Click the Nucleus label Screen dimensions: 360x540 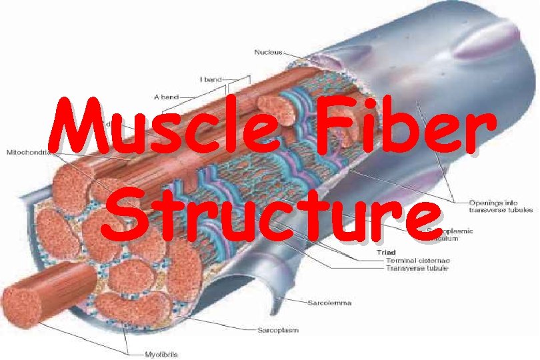(x=269, y=51)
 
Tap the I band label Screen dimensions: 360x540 (x=211, y=79)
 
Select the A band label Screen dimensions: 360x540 (x=166, y=97)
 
